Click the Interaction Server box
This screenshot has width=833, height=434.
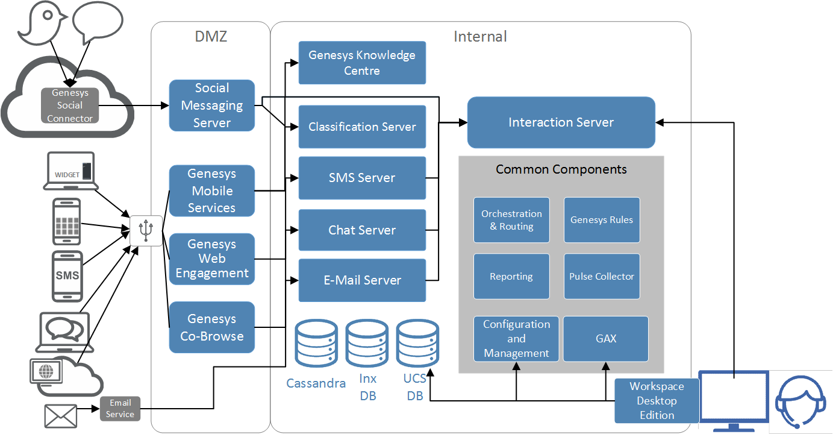pyautogui.click(x=561, y=122)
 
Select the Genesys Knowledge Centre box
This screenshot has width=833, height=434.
pyautogui.click(x=362, y=63)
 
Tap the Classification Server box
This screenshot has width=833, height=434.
pyautogui.click(x=362, y=127)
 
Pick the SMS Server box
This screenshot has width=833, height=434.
pyautogui.click(x=362, y=178)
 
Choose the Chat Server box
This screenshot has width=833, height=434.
pyautogui.click(x=362, y=230)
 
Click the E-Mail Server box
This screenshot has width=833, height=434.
pyautogui.click(x=362, y=280)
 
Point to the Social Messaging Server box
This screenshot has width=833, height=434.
pyautogui.click(x=212, y=105)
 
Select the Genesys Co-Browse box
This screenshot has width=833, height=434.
pyautogui.click(x=212, y=327)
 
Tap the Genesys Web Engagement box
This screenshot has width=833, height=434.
pyautogui.click(x=212, y=259)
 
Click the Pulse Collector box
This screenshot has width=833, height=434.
pyautogui.click(x=602, y=277)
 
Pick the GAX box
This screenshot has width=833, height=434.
pyautogui.click(x=606, y=339)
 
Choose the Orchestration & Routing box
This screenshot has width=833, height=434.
pyautogui.click(x=511, y=220)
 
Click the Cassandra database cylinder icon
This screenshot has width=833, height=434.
pyautogui.click(x=316, y=345)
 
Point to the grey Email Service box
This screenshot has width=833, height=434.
pyautogui.click(x=120, y=409)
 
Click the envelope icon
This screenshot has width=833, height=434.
pyautogui.click(x=61, y=416)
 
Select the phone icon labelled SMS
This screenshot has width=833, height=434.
pyautogui.click(x=67, y=275)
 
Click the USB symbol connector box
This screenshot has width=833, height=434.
pyautogui.click(x=146, y=230)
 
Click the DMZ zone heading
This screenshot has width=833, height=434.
pyautogui.click(x=211, y=37)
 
